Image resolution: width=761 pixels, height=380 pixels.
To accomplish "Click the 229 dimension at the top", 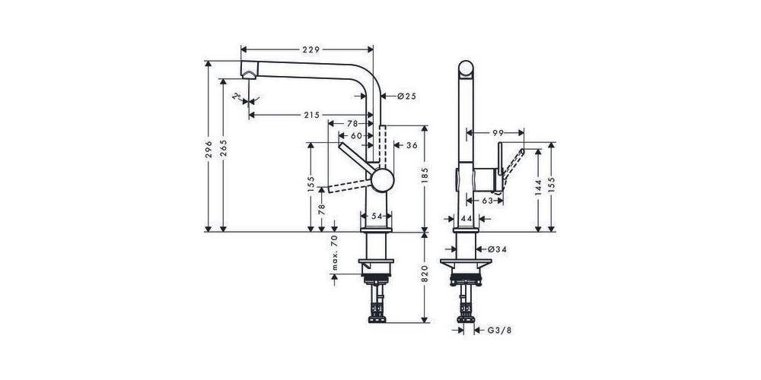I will coord(307,49).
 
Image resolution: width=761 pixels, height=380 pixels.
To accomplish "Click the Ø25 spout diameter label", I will coord(406,97).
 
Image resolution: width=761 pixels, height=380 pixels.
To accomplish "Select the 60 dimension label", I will coord(356,135).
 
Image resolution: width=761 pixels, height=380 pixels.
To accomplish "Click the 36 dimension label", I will coord(412,145).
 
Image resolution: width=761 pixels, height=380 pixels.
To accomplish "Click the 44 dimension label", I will coord(466,219).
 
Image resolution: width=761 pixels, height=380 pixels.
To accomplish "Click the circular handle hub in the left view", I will coord(382,182).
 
